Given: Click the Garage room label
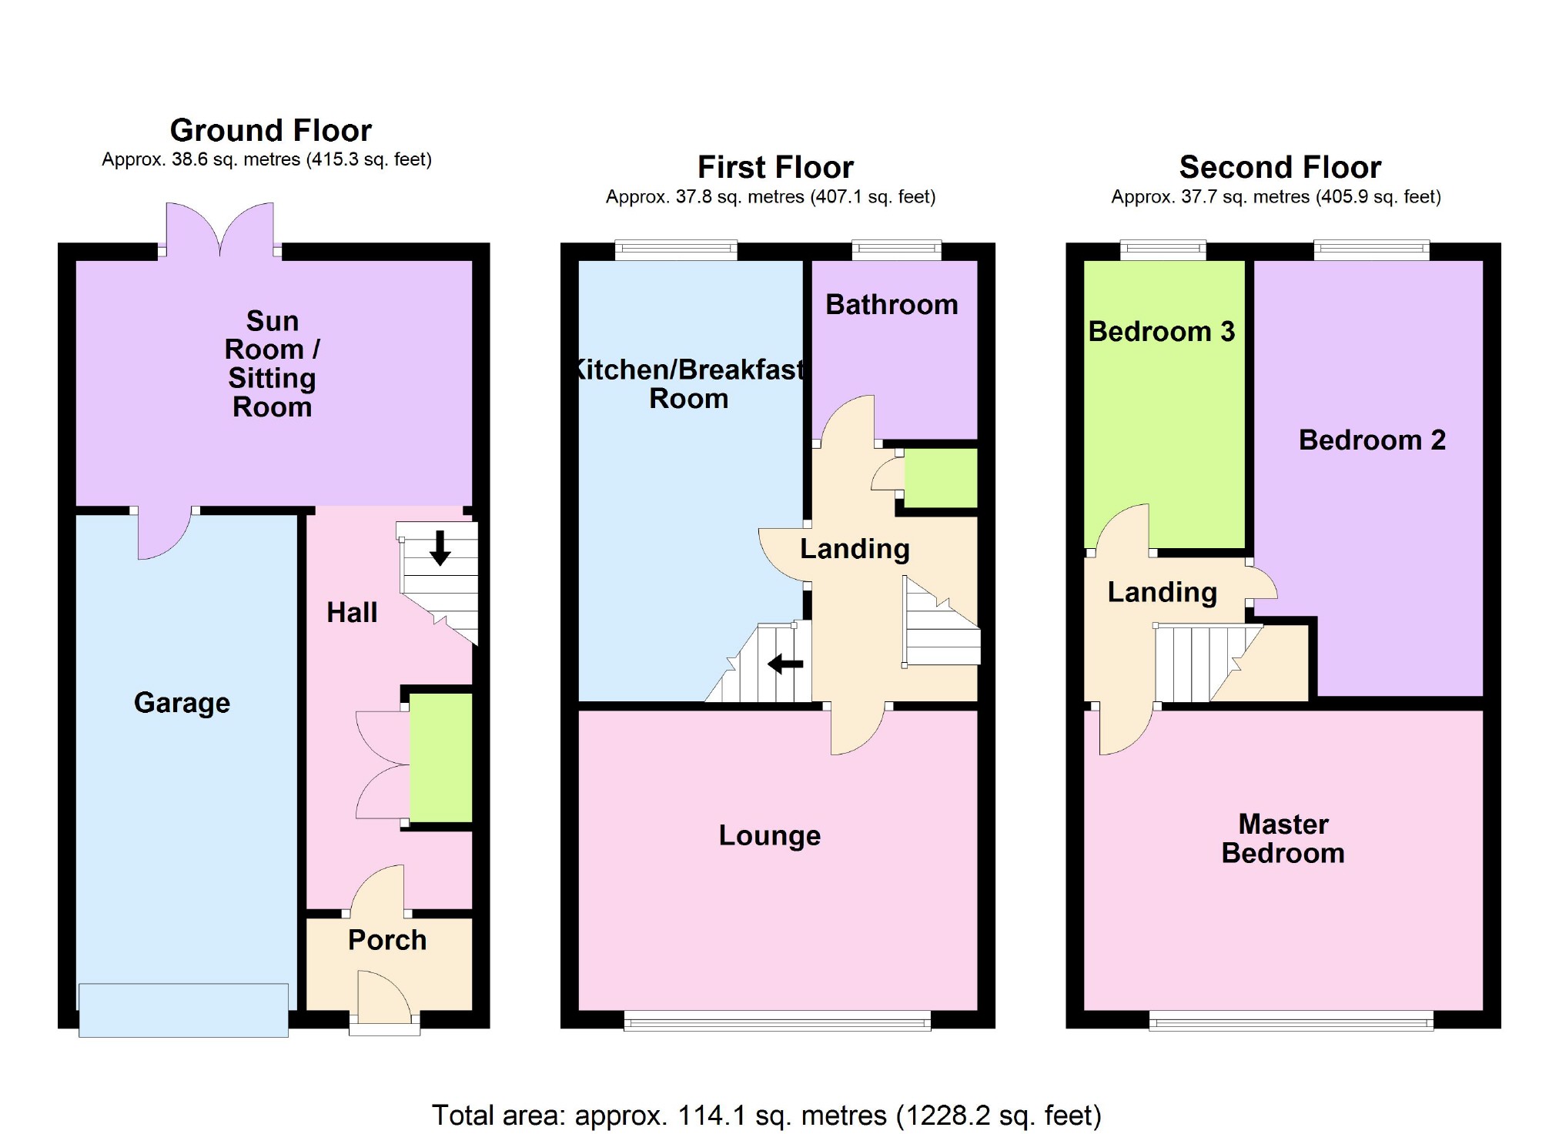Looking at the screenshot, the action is click(182, 703).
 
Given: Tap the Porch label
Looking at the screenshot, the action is click(386, 940).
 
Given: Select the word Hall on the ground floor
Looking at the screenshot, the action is click(352, 613).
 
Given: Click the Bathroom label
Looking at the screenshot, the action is click(892, 305).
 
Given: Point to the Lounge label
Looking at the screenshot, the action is click(769, 835).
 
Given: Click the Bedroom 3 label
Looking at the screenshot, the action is click(1161, 332).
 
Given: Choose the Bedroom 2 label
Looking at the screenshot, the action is click(1372, 440).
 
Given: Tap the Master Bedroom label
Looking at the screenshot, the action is click(1283, 839).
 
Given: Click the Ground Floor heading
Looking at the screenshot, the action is click(270, 130).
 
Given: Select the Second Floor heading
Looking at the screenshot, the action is click(1280, 167).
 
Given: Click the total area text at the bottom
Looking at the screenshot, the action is click(766, 1115).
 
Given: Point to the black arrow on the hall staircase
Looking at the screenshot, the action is click(440, 547).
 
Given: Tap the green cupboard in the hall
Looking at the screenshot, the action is click(440, 758).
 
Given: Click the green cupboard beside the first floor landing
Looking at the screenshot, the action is click(940, 479).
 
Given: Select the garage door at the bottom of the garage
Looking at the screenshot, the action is click(183, 1010).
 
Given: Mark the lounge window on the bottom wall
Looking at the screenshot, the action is click(777, 1022).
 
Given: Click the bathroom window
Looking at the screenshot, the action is click(896, 249).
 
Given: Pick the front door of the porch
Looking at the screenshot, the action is click(384, 1001).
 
